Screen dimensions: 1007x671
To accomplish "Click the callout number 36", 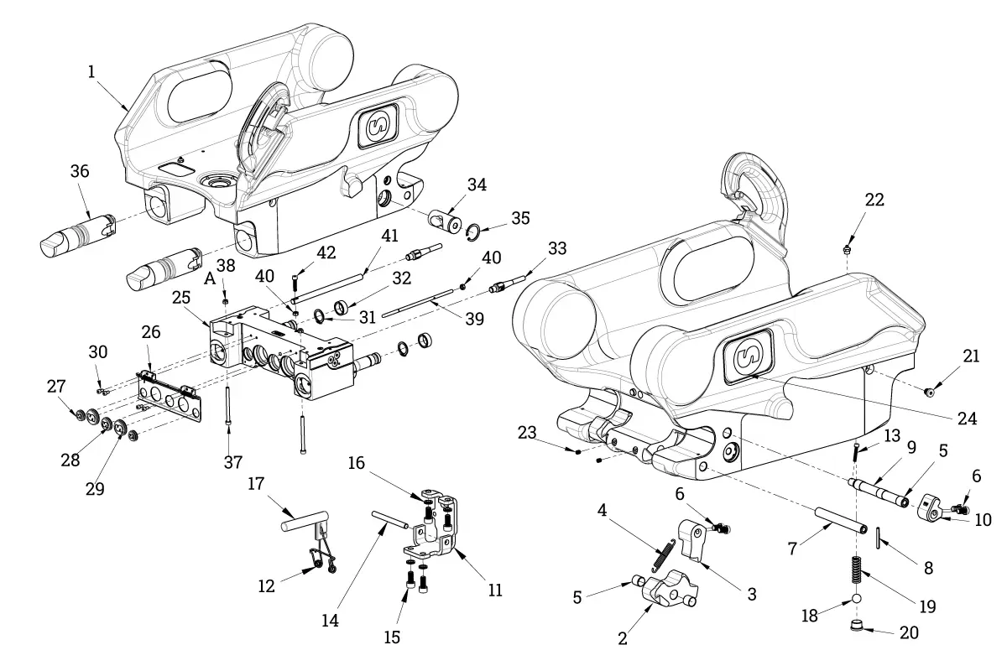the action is (x=80, y=171).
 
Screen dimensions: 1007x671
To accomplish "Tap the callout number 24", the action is (x=967, y=419).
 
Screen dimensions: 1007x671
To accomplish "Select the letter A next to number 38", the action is (x=210, y=278).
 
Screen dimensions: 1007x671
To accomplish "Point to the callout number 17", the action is (x=256, y=484).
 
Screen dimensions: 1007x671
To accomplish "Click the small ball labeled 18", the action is (x=857, y=599).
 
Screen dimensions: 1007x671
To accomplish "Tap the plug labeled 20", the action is (x=858, y=625).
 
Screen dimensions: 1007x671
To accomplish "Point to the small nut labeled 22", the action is (x=848, y=248).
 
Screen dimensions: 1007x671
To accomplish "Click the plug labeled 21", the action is (x=930, y=393).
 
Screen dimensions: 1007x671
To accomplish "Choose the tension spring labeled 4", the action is (x=663, y=555).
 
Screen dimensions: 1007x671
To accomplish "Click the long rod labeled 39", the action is (x=418, y=304).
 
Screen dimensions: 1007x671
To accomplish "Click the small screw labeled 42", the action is (x=295, y=283).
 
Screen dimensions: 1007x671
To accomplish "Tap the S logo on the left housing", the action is (x=378, y=127).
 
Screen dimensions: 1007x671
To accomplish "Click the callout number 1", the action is (x=91, y=71).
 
